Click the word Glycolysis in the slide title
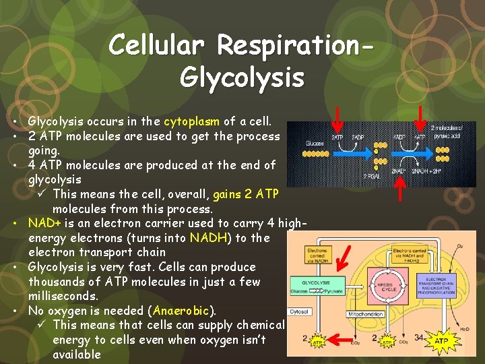(243, 76)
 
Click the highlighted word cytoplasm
(192, 121)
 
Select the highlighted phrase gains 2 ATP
(245, 194)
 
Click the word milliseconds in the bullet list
(63, 297)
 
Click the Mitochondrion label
(367, 314)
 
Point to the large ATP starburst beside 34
(441, 342)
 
